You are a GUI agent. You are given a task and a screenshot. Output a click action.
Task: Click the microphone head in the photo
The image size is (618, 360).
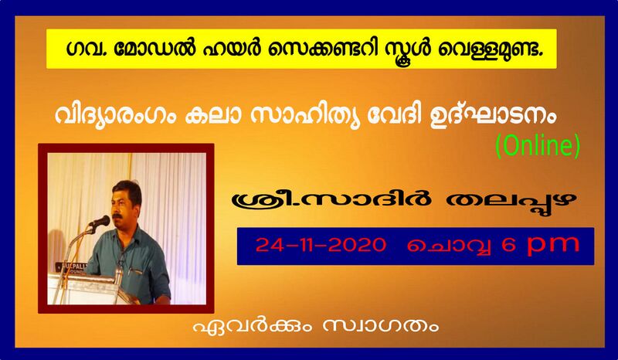(99, 222)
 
